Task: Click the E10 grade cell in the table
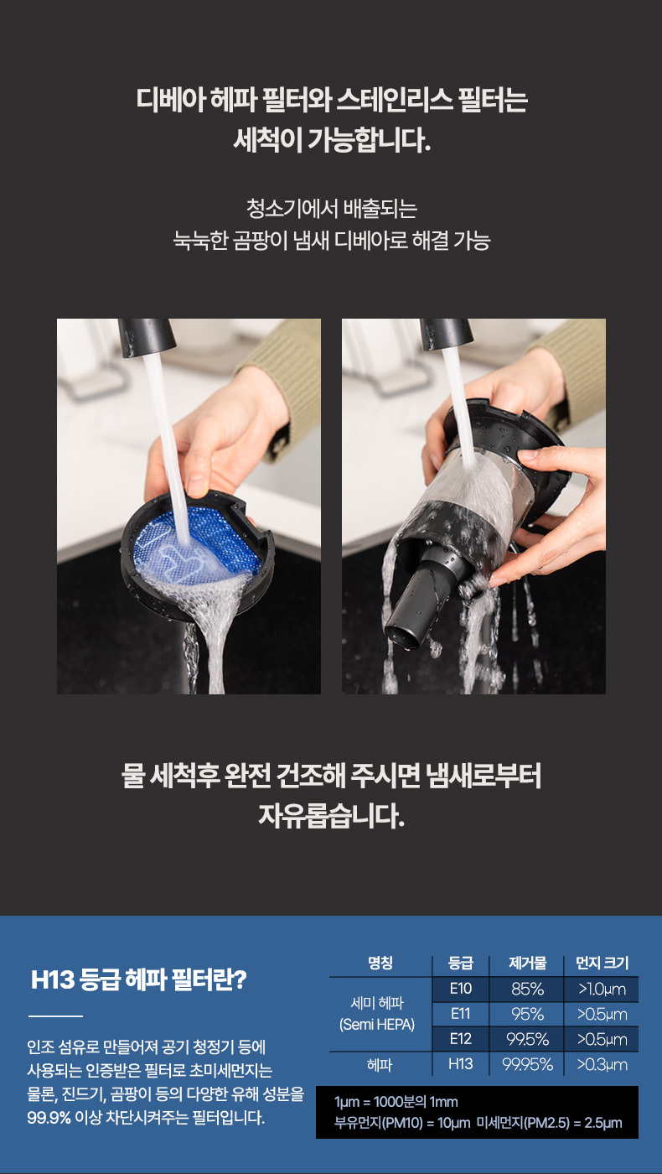click(460, 989)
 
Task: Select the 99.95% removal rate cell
click(527, 1064)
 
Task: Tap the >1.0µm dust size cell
click(602, 989)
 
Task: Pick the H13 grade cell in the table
click(460, 1064)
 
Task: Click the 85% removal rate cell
click(526, 989)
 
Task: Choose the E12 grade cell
click(460, 1039)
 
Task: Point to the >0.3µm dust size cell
click(602, 1064)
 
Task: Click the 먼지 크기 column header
click(602, 963)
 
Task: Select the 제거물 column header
click(527, 963)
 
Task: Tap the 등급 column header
click(461, 963)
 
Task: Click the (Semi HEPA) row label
click(377, 1025)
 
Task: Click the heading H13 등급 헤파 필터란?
click(139, 979)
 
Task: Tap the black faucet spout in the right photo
click(447, 334)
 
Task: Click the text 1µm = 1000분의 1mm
click(396, 1102)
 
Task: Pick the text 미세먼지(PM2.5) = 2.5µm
click(550, 1123)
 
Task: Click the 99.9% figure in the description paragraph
click(49, 1117)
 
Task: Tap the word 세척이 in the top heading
click(267, 140)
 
